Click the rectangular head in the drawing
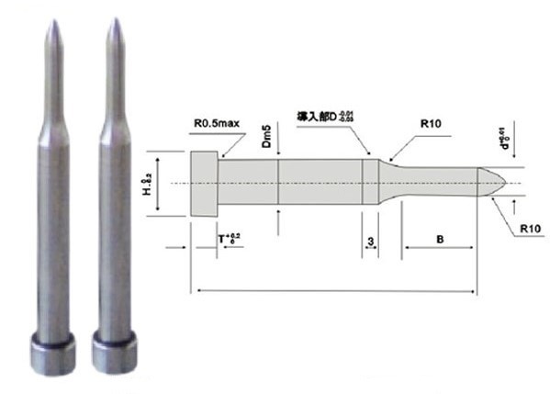click(204, 183)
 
